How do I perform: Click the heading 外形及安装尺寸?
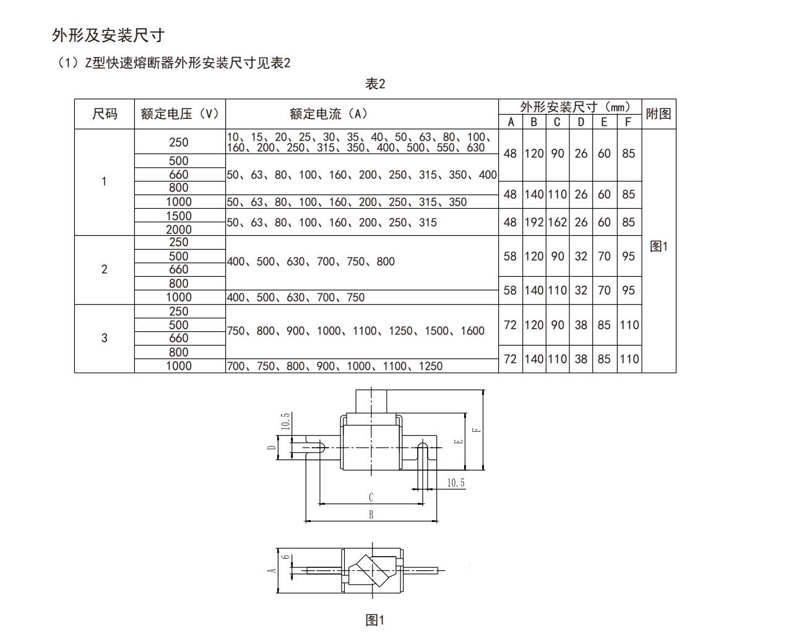108,36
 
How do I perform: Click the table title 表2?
375,84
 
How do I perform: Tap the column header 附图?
658,114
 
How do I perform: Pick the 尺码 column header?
105,114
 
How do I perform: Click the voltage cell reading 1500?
179,215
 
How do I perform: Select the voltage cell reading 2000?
179,229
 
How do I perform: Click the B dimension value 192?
534,222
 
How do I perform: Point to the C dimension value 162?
557,222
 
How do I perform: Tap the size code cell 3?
104,338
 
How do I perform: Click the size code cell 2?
104,269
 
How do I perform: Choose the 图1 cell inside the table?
658,246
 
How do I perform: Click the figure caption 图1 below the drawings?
375,620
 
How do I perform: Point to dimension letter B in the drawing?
371,515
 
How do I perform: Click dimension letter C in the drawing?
371,497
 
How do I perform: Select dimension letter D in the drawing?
271,447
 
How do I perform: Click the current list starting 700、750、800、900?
335,366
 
